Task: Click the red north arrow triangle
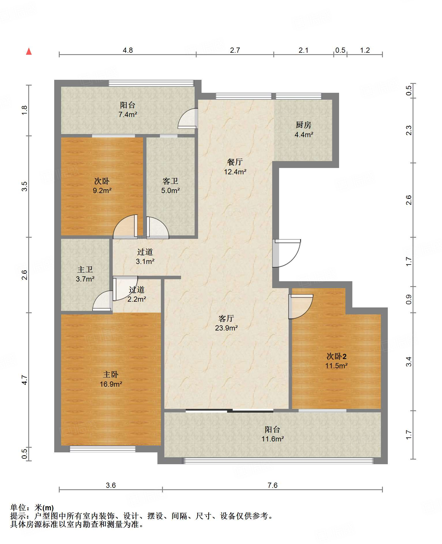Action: [x=29, y=51]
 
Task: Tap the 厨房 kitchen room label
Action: [x=304, y=125]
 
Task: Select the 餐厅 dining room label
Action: [x=235, y=162]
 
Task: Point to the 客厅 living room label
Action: [x=226, y=318]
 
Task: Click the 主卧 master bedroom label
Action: [x=111, y=375]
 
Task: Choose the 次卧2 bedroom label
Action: [x=336, y=356]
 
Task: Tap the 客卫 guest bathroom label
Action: [x=170, y=181]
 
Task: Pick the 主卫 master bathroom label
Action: [x=85, y=269]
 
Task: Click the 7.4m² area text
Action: [x=128, y=114]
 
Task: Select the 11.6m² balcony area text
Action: [x=273, y=439]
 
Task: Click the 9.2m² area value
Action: [x=102, y=190]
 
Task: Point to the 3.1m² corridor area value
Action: [x=145, y=261]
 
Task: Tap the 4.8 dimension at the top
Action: [x=128, y=50]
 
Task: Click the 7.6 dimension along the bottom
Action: [x=272, y=486]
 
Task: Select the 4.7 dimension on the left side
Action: [x=25, y=380]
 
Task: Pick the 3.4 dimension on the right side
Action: [x=409, y=362]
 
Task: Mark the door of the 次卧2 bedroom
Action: [x=301, y=307]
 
